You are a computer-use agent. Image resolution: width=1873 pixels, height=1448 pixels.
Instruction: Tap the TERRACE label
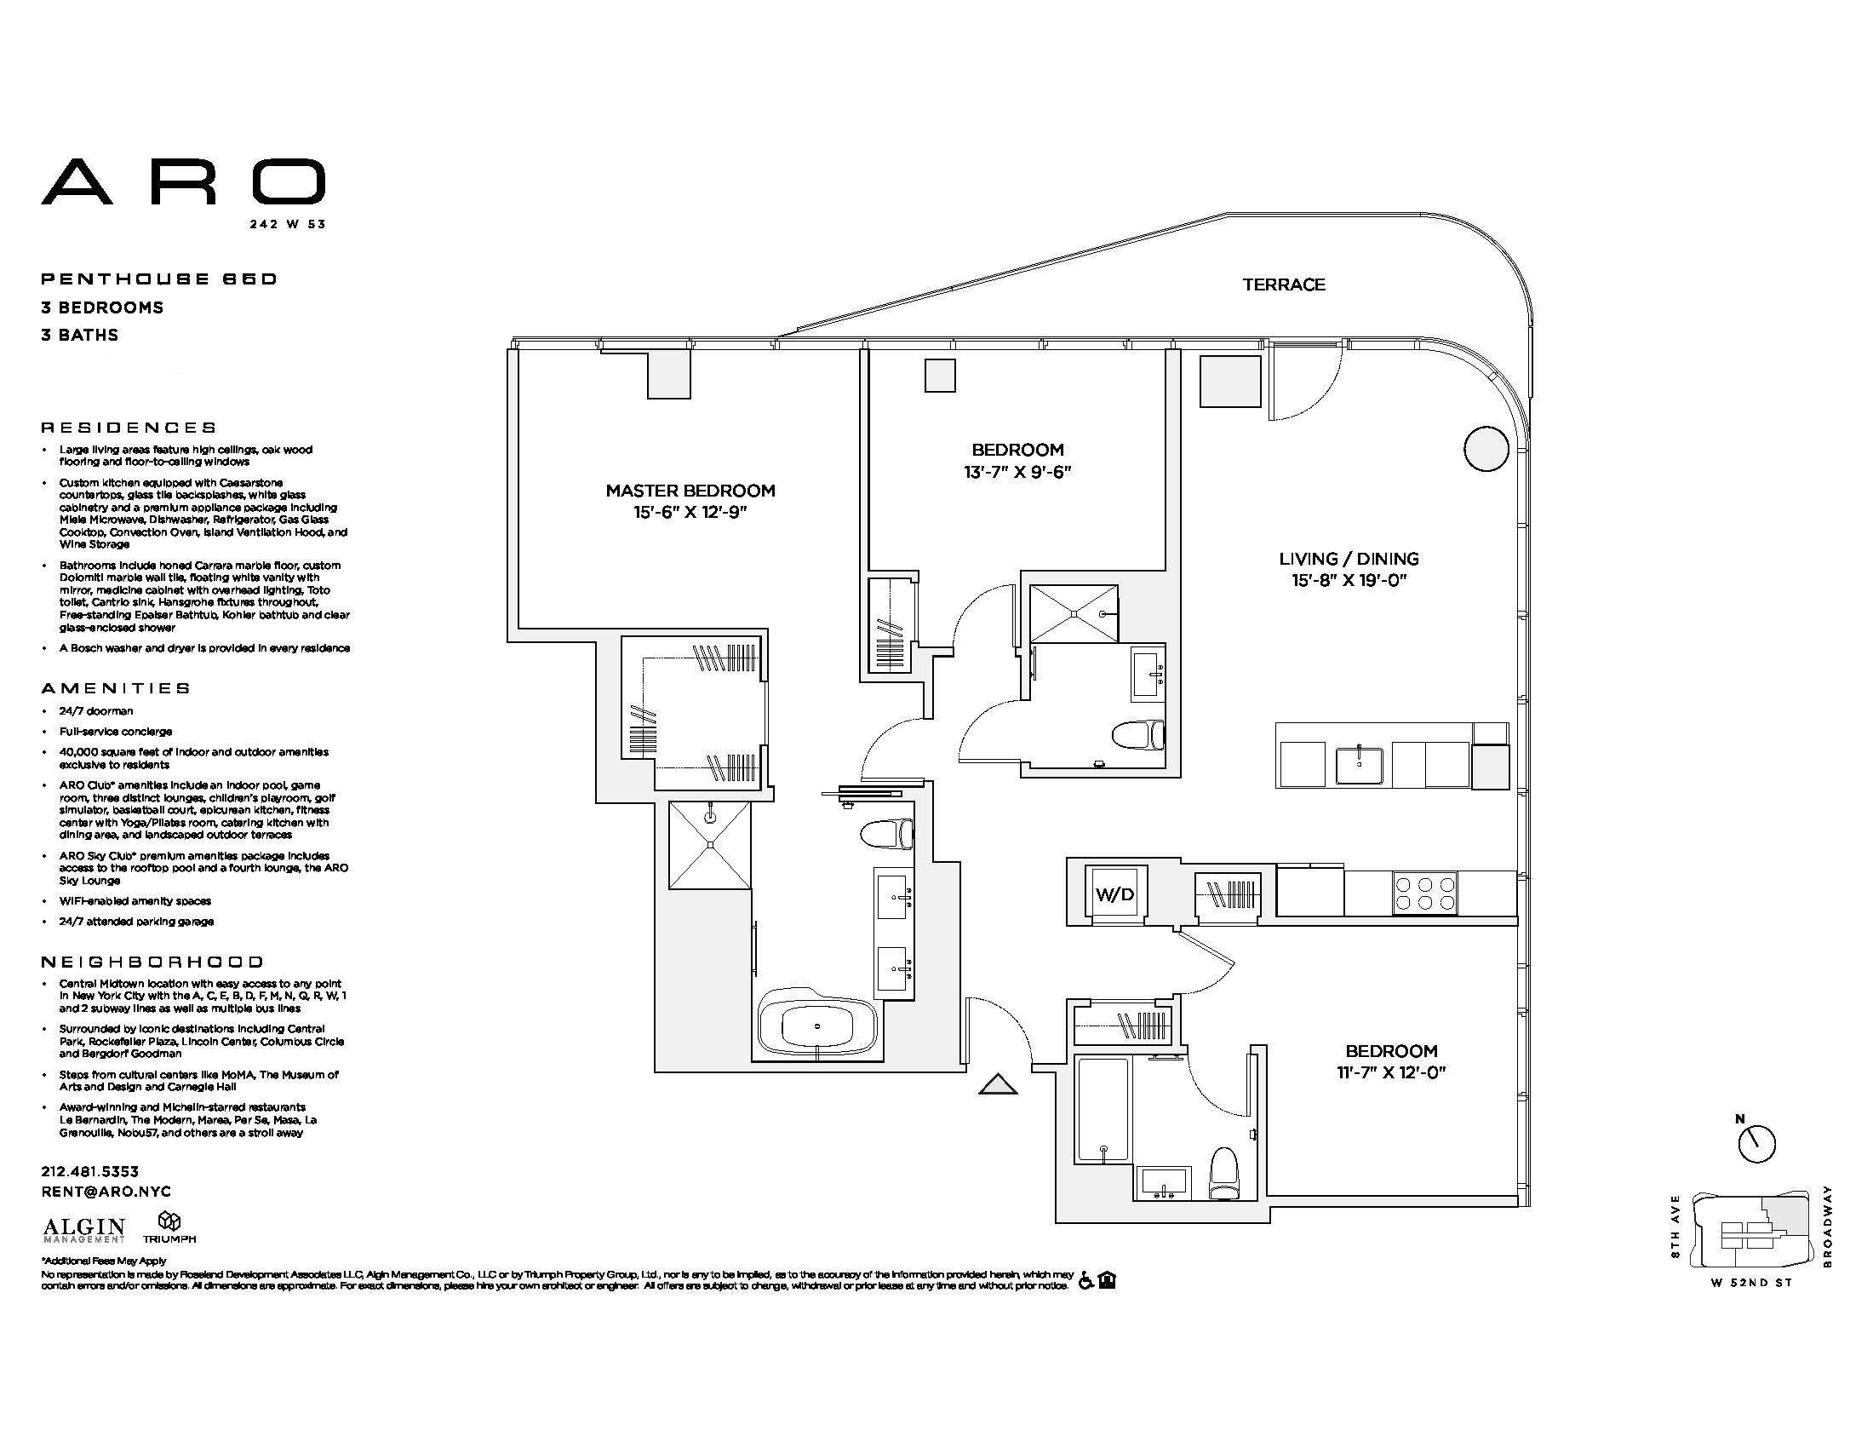click(x=1284, y=284)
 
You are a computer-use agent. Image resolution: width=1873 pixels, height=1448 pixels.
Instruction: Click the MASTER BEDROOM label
click(x=690, y=491)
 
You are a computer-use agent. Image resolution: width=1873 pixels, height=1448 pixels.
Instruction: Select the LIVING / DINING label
click(x=1349, y=559)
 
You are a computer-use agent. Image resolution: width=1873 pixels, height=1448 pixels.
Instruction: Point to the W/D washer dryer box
click(x=1115, y=894)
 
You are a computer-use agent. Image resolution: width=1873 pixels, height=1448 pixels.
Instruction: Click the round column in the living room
click(x=1486, y=448)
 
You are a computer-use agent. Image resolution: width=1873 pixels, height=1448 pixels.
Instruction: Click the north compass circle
click(x=1756, y=1143)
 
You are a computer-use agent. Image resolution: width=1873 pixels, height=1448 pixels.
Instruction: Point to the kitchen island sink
click(x=1359, y=765)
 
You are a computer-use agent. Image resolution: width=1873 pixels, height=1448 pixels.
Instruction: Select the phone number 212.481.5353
click(x=90, y=1171)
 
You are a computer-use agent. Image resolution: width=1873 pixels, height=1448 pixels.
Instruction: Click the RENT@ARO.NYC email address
click(x=106, y=1192)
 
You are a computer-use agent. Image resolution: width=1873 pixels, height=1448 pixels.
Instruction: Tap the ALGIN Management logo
click(x=84, y=1230)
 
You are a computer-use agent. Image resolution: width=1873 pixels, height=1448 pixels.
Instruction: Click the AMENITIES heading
click(x=117, y=688)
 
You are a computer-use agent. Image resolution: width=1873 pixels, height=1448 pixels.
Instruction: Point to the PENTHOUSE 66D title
click(x=159, y=279)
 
